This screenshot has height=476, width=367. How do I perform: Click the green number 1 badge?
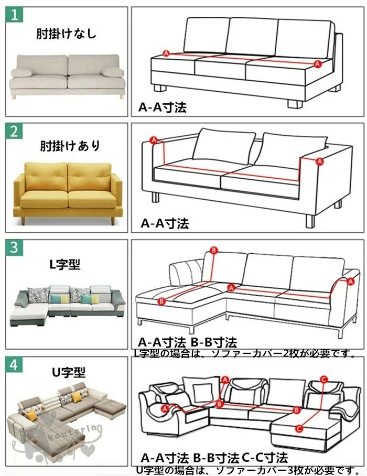pos(14,15)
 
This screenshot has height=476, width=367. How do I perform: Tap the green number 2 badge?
pos(14,131)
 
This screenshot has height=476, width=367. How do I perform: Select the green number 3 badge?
pos(14,247)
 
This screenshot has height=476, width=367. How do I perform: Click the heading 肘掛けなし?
pos(67,34)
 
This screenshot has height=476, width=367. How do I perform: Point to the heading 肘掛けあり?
pos(70,146)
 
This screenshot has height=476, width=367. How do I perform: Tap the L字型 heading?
pos(65,264)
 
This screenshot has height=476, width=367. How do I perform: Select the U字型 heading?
pos(69,372)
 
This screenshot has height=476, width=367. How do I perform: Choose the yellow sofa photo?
pos(68,193)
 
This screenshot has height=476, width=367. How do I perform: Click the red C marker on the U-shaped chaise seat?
pos(299,428)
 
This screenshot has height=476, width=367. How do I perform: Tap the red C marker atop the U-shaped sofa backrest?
pos(323,379)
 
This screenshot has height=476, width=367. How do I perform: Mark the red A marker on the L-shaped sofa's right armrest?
pos(351,282)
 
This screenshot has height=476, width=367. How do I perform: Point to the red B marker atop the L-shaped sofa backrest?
pos(214,251)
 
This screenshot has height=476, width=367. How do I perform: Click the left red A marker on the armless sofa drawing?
pos(166,53)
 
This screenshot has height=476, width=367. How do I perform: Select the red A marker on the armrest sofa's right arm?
pos(319,161)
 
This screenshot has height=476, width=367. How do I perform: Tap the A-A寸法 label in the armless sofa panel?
pos(163,107)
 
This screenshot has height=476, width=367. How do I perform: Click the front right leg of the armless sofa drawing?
pos(295,103)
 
